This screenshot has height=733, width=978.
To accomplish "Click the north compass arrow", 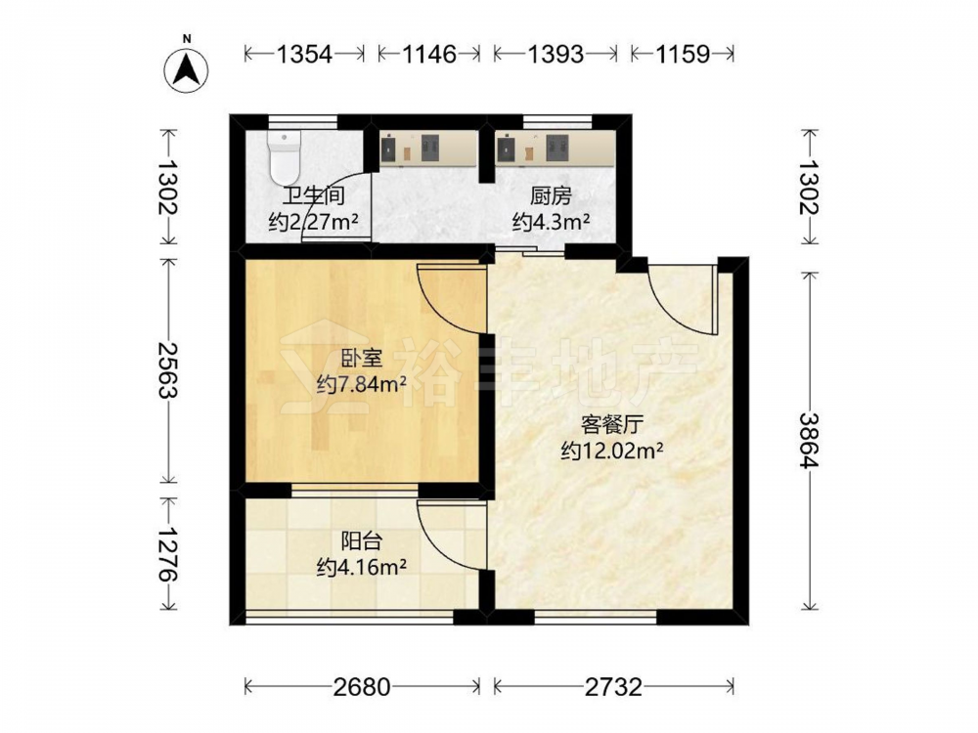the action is coord(186,68).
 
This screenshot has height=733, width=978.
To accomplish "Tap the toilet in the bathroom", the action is coord(285,156).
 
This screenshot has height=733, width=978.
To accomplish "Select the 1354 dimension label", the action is coord(304,54).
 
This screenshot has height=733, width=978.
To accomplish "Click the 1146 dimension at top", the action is coord(429,54).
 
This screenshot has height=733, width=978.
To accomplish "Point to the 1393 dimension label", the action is coord(556,54).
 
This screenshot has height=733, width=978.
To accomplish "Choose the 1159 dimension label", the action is coord(683,54).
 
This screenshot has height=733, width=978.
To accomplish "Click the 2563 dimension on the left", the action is coord(167,369).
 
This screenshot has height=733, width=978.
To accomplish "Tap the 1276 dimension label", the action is coord(167,555).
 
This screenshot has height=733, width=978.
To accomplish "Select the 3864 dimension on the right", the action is coord(811,441).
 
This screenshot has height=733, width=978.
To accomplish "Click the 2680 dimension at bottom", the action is coord(362,687).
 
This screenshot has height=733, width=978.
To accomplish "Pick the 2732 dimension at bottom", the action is coord(613,687).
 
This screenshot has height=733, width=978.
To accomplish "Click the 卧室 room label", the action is coord(362,359).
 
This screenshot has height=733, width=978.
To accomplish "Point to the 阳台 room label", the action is coord(362,541).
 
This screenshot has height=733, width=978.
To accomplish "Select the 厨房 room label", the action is coord(552,195).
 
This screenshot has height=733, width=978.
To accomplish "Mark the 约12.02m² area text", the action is coord(612,450).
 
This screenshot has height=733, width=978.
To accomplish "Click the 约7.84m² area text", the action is coord(362,384).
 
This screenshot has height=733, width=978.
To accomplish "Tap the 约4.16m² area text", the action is coord(362,567).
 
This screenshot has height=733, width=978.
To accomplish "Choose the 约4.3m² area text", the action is coord(552,221).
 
